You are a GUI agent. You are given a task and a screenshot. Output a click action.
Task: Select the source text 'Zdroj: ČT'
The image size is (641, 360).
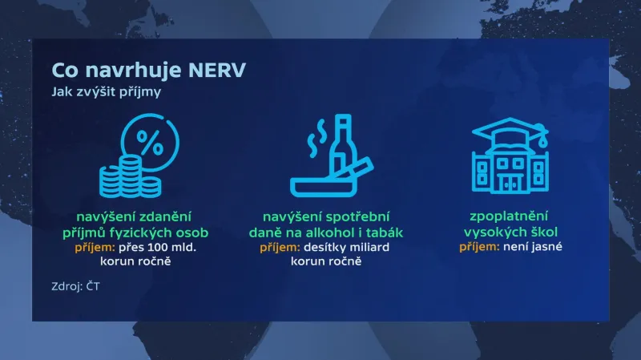75,285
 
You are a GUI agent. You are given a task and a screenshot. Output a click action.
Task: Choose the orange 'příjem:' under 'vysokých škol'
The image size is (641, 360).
479,246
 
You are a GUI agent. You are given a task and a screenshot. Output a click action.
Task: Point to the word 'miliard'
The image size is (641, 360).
365,247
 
